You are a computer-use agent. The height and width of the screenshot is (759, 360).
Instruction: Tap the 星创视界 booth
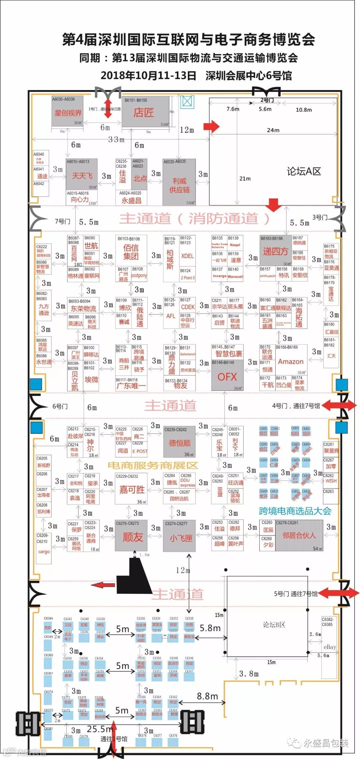click(x=67, y=113)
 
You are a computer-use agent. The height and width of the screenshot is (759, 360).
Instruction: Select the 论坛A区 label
click(x=304, y=172)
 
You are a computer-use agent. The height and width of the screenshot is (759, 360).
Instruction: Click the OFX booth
click(x=227, y=377)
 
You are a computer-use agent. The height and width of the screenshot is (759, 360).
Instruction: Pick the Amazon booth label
click(x=291, y=362)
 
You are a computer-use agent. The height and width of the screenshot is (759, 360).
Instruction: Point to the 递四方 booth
click(x=275, y=252)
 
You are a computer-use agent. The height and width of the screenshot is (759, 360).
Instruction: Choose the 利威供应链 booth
click(x=179, y=185)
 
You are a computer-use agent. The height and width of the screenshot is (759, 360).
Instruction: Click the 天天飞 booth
click(x=82, y=176)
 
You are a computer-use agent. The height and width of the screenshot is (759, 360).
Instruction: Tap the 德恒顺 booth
click(x=179, y=443)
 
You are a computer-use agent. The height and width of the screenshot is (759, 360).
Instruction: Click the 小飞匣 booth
click(x=180, y=537)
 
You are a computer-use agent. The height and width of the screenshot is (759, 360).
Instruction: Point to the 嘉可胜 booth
click(x=132, y=490)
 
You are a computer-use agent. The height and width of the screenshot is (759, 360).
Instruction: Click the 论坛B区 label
click(x=274, y=625)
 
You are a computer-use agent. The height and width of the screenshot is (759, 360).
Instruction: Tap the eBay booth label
click(x=329, y=647)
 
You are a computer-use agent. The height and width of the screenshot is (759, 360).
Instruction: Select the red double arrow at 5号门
click(x=339, y=593)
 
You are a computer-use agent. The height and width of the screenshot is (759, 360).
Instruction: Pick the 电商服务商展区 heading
click(x=153, y=465)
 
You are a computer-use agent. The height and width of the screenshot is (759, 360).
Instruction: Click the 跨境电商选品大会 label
click(x=295, y=511)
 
